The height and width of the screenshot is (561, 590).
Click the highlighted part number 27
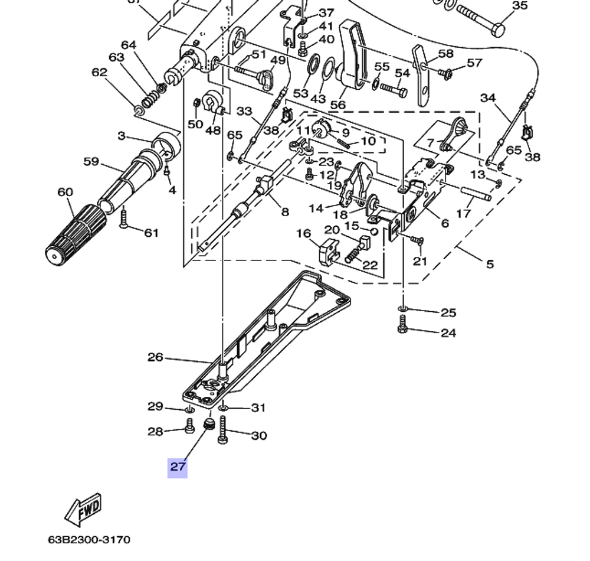178,467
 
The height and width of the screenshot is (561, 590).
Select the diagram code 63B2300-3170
89,540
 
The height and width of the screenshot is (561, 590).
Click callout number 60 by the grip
65,193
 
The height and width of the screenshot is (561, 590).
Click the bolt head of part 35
499,28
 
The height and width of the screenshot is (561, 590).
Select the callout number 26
155,357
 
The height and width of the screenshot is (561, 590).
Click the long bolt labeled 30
223,429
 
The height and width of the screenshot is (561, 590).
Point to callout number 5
490,264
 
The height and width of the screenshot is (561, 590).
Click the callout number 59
91,161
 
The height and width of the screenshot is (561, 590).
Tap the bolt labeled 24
403,325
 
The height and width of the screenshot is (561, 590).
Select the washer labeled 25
403,309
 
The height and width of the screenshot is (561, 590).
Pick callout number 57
474,63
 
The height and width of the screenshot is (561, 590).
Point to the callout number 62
99,73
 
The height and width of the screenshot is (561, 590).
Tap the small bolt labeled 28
189,425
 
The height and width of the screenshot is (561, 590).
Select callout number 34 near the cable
488,97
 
